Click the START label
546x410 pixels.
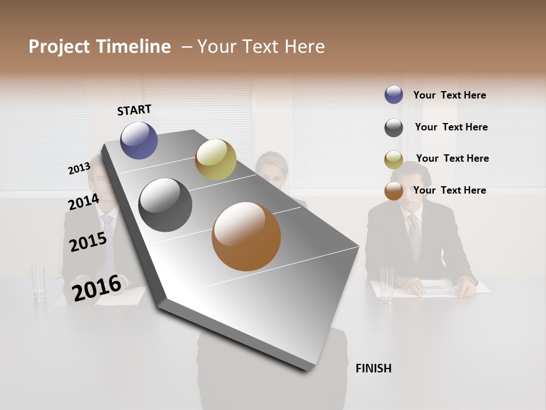click(134, 110)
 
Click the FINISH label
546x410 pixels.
click(373, 368)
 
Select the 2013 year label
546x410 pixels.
click(79, 169)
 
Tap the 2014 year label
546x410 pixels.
click(84, 202)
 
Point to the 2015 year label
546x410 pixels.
click(88, 242)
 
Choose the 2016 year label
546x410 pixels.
click(97, 288)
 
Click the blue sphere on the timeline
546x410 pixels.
click(139, 140)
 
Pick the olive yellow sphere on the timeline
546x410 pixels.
click(216, 159)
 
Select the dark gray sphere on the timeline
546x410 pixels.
click(166, 205)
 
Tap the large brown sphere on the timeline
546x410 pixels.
click(246, 236)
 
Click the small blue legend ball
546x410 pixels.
click(394, 95)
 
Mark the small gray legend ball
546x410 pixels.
click(394, 128)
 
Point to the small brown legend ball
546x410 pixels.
click(394, 191)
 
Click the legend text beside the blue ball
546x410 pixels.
click(449, 95)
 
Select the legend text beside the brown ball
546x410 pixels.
click(449, 190)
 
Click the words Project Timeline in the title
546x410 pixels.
click(100, 47)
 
